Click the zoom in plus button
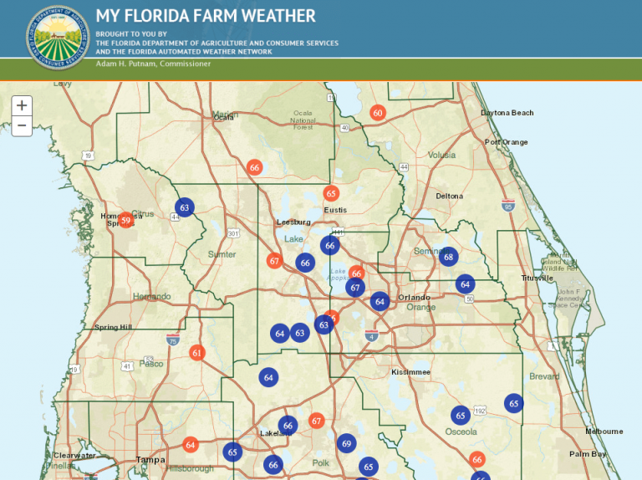tap(22, 105)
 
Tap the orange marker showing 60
tap(378, 113)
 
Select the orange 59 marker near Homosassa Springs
tap(125, 221)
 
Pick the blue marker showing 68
tap(449, 257)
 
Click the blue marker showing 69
tap(346, 444)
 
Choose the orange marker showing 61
tap(197, 353)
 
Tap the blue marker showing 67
tap(355, 288)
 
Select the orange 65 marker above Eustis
tap(331, 193)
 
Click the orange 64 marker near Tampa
tap(191, 445)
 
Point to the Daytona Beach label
tap(507, 113)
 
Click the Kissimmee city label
tap(410, 371)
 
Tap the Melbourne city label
tap(604, 431)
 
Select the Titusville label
tap(537, 278)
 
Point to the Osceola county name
tap(461, 431)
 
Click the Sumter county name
tap(222, 254)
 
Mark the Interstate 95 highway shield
tap(508, 206)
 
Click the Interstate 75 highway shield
tap(171, 340)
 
